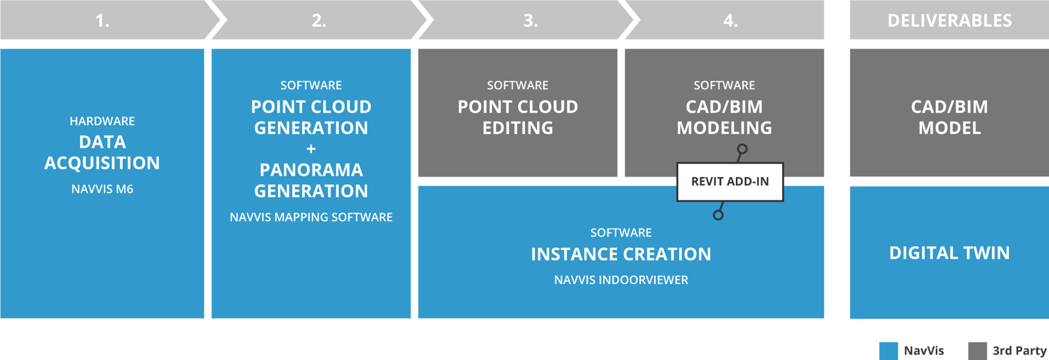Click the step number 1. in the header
click(102, 21)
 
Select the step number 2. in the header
click(319, 21)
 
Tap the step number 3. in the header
click(530, 21)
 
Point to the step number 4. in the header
click(730, 21)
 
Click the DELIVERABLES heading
click(949, 21)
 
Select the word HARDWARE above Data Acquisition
click(102, 121)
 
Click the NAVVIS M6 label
click(102, 189)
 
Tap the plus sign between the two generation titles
click(311, 149)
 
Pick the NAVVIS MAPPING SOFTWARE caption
click(311, 217)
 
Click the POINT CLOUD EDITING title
click(518, 117)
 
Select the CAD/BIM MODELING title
click(724, 117)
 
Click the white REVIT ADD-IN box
click(730, 182)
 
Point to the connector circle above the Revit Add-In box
click(742, 149)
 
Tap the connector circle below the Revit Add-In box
click(718, 215)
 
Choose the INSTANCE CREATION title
click(621, 254)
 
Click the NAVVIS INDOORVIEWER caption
click(621, 280)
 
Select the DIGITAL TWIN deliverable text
click(949, 253)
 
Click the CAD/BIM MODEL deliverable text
click(949, 117)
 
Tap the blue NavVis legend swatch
click(888, 351)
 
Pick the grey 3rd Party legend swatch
click(977, 351)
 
